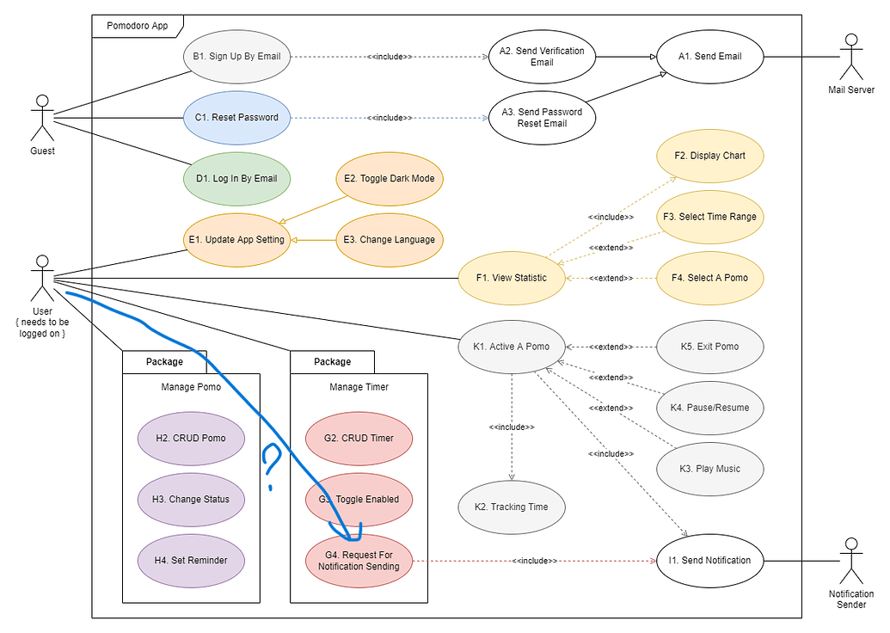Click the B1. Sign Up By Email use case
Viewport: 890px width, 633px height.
236,58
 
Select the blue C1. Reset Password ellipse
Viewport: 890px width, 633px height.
236,117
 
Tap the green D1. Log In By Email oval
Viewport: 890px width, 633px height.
236,178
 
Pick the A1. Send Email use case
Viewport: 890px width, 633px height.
709,57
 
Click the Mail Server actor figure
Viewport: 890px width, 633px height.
850,56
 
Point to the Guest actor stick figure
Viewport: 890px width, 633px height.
41,118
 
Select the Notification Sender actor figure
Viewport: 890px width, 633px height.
850,560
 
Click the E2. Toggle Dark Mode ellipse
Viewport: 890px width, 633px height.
389,178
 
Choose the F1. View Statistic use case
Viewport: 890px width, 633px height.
511,277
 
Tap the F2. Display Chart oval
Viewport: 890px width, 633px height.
709,156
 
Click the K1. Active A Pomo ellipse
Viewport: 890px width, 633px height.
511,347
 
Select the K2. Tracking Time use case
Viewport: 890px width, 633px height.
511,507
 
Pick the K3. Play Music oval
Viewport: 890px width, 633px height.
709,469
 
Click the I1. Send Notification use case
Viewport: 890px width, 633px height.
709,560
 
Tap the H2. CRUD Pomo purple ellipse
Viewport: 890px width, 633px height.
191,438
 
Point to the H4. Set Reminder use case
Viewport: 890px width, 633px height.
191,560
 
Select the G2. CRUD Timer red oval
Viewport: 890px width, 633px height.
359,438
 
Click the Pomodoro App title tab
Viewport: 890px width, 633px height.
138,26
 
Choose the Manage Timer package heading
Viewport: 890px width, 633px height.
359,387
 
